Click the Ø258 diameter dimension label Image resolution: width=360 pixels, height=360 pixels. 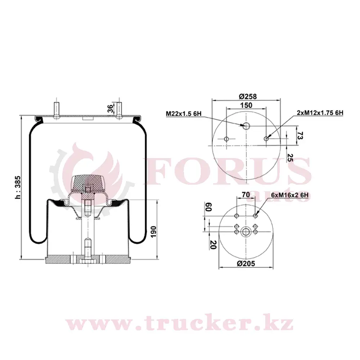[x=248, y=96]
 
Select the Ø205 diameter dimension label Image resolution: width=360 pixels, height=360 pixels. [x=246, y=264]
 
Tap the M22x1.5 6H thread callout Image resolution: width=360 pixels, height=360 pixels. [x=184, y=113]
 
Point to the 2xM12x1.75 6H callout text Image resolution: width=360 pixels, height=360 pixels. [x=320, y=113]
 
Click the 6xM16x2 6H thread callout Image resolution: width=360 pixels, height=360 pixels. [x=289, y=195]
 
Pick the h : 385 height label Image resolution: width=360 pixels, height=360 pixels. [x=18, y=188]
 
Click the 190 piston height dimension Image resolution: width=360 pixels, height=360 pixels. [x=153, y=232]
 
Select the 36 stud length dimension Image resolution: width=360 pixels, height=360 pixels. [x=111, y=108]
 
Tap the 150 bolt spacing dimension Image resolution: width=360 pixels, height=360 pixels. [x=246, y=105]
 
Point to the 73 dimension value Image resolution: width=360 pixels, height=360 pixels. [x=300, y=135]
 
